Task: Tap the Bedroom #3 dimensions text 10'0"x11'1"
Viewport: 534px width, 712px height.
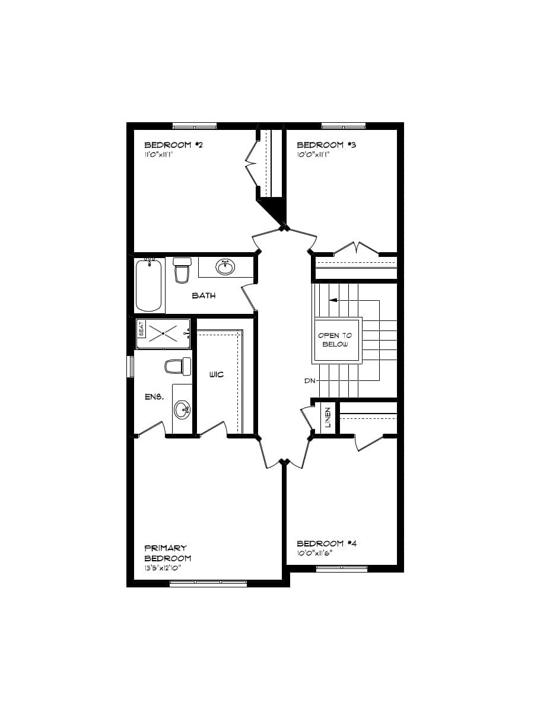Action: [x=313, y=154]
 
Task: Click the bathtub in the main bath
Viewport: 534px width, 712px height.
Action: [x=149, y=285]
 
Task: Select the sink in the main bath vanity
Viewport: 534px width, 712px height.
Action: [x=225, y=268]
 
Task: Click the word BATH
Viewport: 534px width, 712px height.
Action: [x=204, y=295]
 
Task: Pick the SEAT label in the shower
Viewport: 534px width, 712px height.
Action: [x=141, y=328]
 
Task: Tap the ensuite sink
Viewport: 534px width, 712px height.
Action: [x=182, y=409]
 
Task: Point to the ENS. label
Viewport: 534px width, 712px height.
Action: [x=154, y=396]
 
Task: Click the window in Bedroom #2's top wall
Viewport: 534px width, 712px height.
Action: [x=194, y=126]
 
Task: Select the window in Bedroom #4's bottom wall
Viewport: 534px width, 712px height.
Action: [x=341, y=568]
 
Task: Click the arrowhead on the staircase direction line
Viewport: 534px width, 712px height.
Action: [x=333, y=300]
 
